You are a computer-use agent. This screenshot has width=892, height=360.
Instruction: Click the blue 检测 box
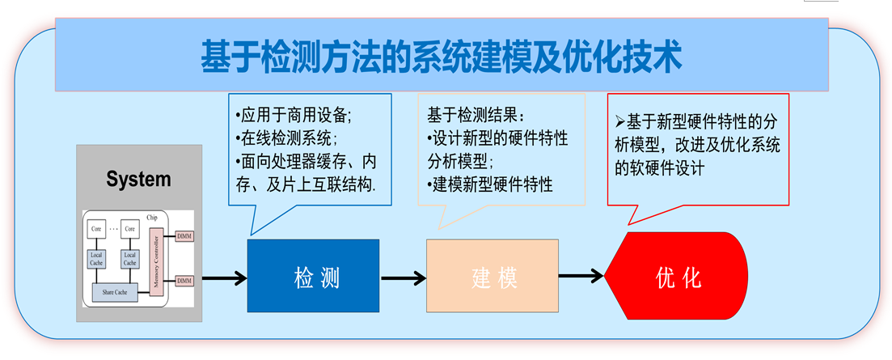312,276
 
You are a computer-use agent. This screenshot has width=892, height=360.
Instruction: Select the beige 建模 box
493,276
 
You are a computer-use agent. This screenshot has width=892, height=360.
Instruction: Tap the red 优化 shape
676,277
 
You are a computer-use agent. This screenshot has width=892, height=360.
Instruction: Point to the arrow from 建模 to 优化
581,277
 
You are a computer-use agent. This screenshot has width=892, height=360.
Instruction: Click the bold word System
138,179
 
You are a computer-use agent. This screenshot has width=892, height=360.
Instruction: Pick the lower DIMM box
185,280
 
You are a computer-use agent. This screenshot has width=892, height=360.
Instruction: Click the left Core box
97,229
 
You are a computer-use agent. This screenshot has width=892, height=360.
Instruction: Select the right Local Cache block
129,258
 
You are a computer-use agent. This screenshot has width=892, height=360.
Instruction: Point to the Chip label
152,217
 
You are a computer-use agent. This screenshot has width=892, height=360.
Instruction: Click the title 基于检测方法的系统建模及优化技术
442,57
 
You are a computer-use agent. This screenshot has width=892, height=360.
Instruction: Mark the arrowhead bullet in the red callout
620,121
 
